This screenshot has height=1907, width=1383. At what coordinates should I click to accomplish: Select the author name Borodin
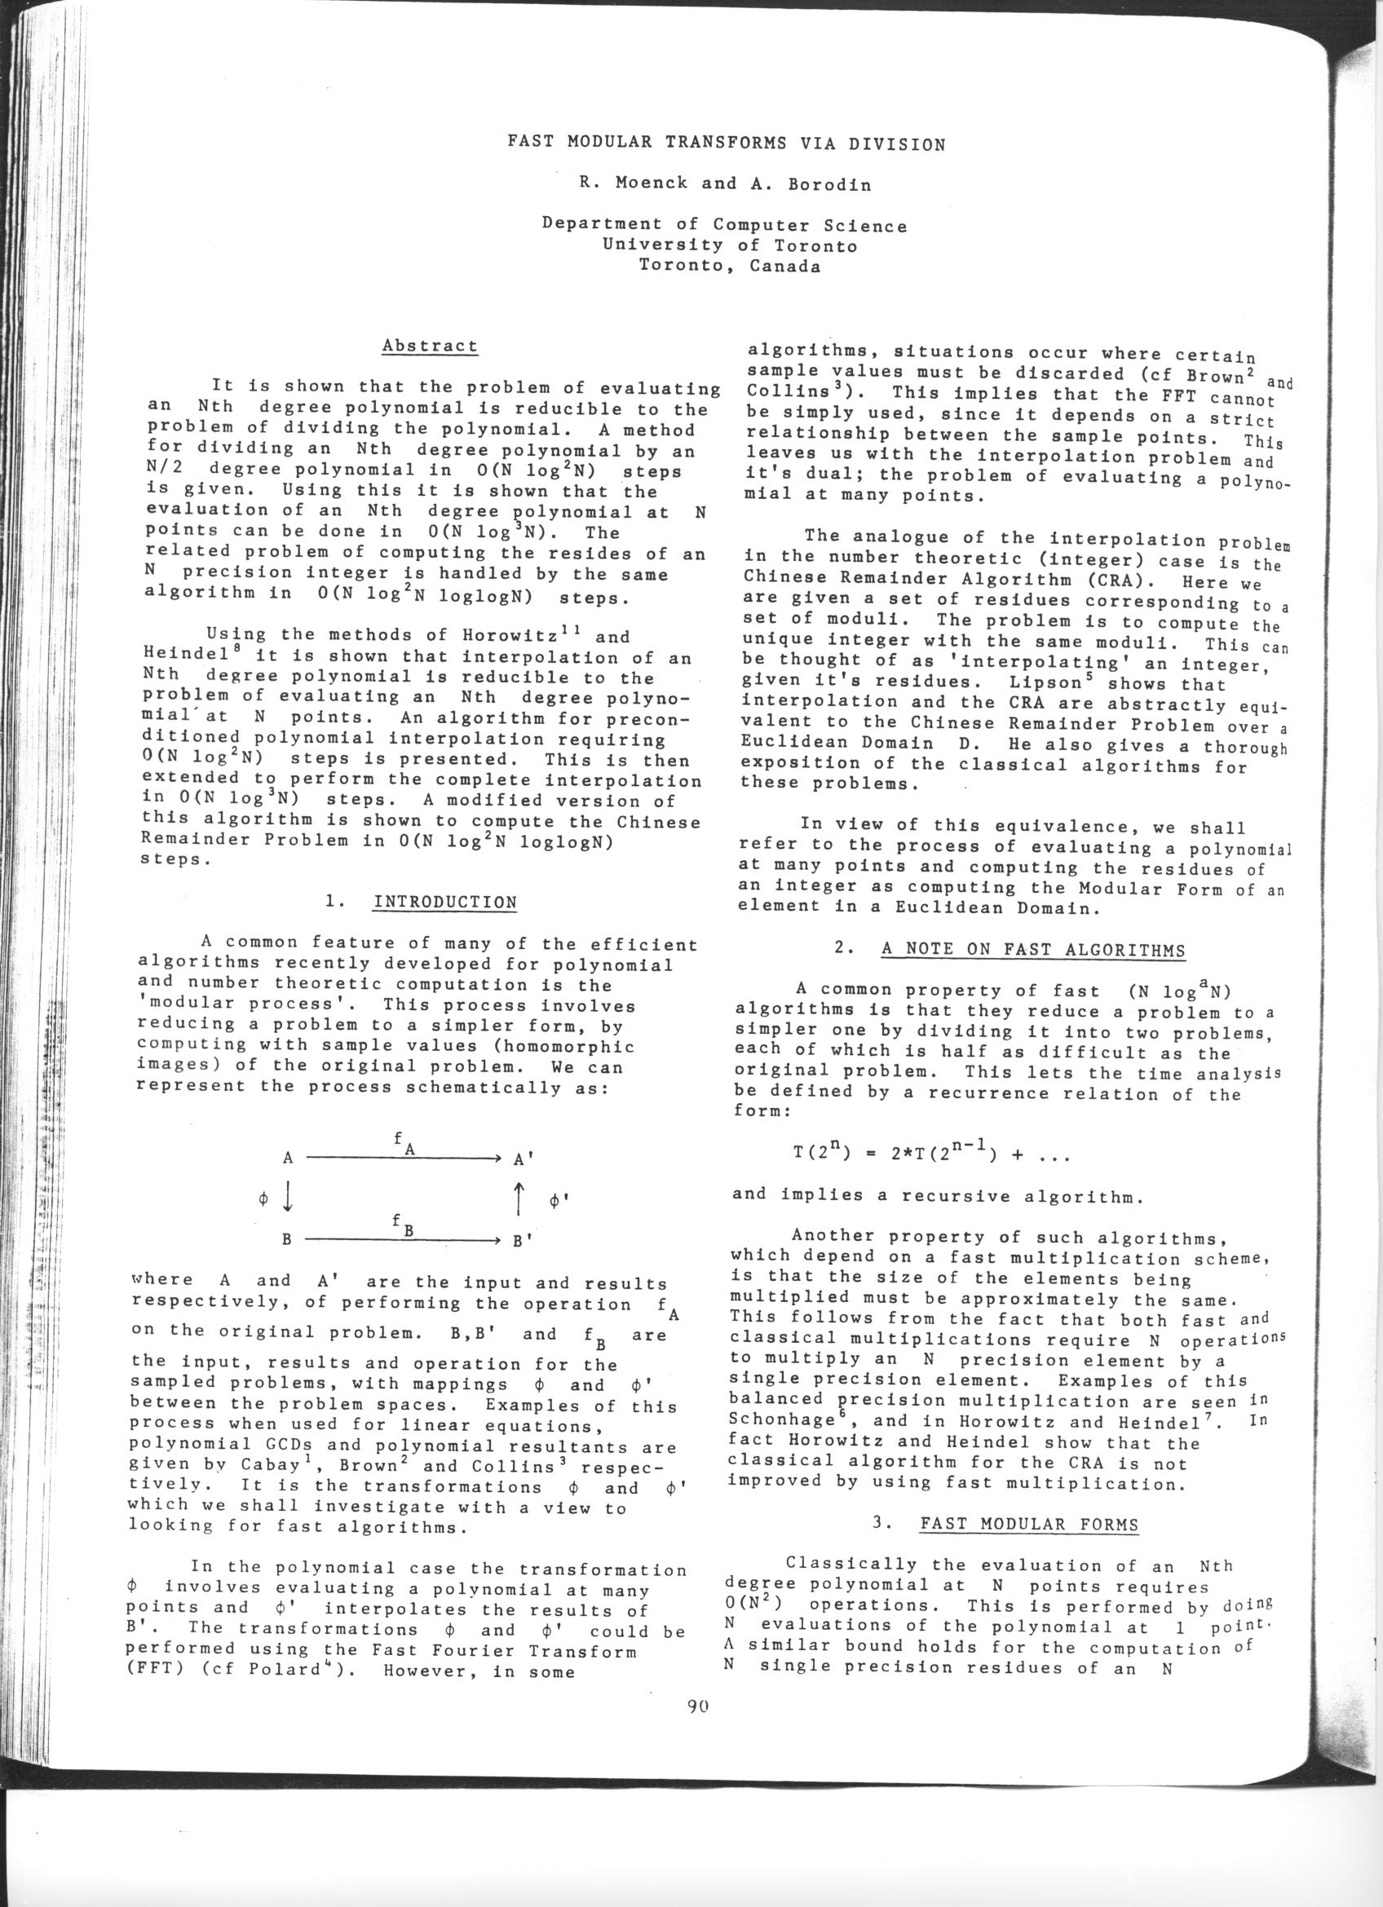829,184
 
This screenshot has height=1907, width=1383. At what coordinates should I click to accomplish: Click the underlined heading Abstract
430,347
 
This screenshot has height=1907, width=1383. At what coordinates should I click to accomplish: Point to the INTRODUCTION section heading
444,903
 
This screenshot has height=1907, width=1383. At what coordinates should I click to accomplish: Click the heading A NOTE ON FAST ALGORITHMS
1033,951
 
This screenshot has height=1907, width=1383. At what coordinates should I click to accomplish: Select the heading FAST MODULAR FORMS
1029,1525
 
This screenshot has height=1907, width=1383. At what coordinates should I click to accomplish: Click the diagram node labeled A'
523,1159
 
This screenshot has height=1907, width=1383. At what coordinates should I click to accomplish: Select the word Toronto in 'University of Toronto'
815,246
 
